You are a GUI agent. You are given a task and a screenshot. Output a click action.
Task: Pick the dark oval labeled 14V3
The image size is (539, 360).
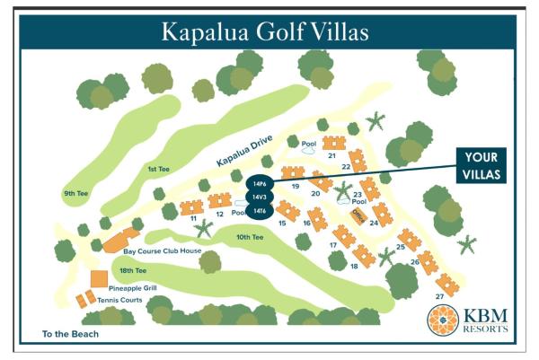260,197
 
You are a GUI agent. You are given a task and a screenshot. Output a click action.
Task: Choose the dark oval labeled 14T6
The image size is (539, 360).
260,211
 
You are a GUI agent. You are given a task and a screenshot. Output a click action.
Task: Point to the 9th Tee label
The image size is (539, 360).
75,194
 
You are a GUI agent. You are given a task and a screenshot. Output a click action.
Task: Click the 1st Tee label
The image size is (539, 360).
158,168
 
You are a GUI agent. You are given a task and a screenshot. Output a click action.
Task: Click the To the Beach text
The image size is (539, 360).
71,335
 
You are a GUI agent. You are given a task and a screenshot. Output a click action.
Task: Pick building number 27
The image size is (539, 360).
439,296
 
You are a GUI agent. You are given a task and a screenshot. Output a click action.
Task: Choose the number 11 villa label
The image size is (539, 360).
192,218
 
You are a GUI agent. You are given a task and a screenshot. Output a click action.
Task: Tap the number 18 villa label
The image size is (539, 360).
355,266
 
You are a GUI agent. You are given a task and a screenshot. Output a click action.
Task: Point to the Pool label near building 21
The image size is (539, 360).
309,143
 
